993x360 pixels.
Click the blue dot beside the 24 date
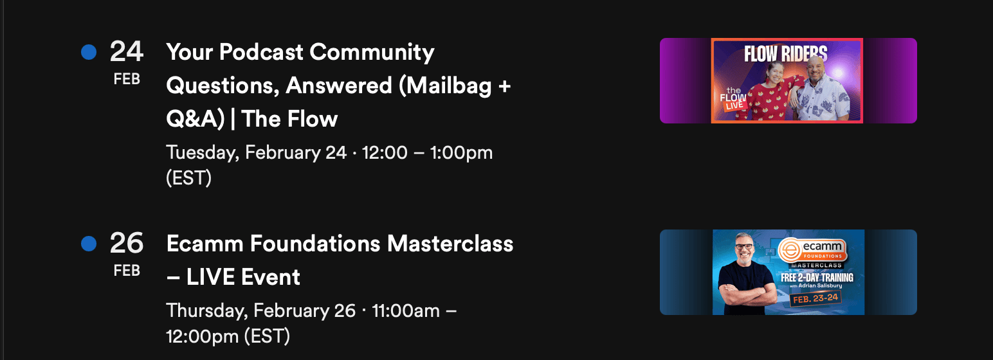pyautogui.click(x=89, y=52)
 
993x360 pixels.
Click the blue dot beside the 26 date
pyautogui.click(x=89, y=244)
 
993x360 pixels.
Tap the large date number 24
pyautogui.click(x=126, y=51)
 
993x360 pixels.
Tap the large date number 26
pyautogui.click(x=126, y=243)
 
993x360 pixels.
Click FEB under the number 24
pyautogui.click(x=127, y=79)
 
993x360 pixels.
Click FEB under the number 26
pyautogui.click(x=127, y=271)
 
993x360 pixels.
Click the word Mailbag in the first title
pyautogui.click(x=445, y=85)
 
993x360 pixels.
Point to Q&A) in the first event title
pyautogui.click(x=196, y=120)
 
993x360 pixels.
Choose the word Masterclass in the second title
pyautogui.click(x=450, y=244)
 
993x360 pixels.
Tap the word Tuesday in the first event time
pyautogui.click(x=203, y=153)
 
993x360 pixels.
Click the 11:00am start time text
pyautogui.click(x=406, y=310)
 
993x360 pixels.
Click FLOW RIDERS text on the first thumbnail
pyautogui.click(x=785, y=54)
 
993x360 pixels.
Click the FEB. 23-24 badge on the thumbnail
pyautogui.click(x=815, y=298)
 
